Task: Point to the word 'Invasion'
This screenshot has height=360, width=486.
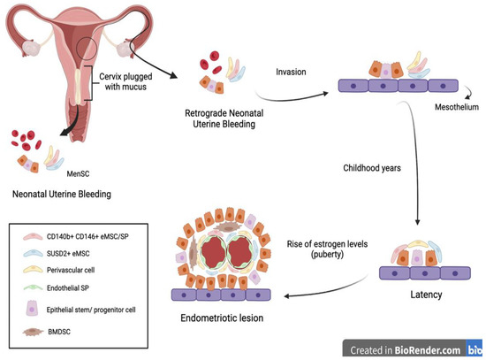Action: tap(292, 73)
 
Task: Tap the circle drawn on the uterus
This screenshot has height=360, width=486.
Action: tap(86, 50)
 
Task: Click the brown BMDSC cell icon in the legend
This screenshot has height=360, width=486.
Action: tap(34, 333)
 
